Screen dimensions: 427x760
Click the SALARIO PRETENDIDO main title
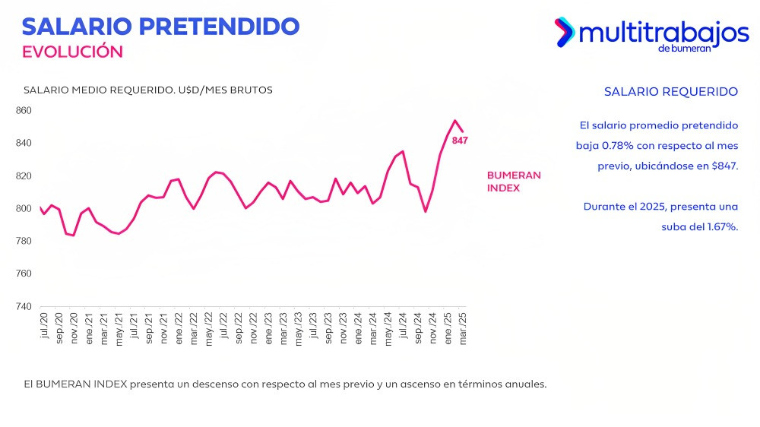[160, 26]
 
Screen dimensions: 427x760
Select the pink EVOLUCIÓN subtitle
[72, 52]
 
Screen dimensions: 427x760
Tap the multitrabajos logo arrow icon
[564, 32]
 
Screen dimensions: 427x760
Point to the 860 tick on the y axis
[24, 110]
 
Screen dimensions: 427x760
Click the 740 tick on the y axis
[24, 306]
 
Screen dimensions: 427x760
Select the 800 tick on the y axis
[24, 208]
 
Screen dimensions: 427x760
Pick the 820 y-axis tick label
[24, 176]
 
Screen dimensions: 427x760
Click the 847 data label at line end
[460, 141]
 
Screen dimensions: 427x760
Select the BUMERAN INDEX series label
[514, 182]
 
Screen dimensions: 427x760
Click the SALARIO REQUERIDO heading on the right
[670, 92]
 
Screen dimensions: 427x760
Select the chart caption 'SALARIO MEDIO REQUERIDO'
[99, 90]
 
